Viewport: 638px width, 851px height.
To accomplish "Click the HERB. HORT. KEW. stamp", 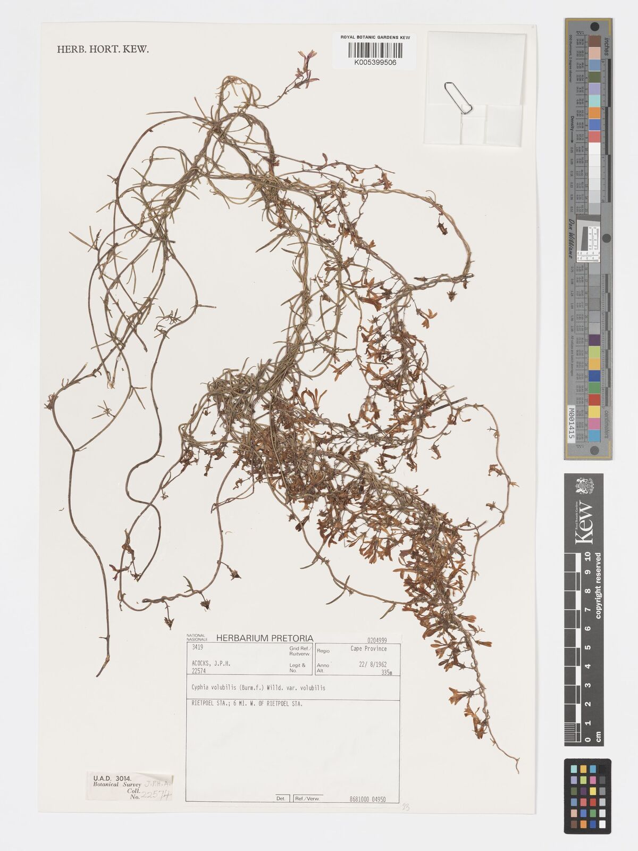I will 103,49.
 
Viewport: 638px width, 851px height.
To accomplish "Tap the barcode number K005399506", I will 374,62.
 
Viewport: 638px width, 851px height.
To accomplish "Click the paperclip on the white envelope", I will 458,97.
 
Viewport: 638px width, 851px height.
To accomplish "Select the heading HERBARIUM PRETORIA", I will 265,638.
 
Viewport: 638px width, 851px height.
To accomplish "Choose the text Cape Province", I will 368,649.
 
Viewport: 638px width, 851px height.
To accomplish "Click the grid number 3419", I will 197,648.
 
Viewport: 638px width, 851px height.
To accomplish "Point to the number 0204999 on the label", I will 376,641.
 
